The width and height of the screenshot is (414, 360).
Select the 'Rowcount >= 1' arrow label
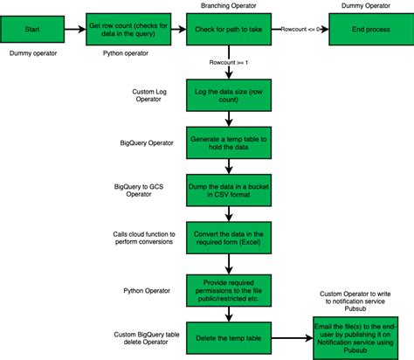coord(230,63)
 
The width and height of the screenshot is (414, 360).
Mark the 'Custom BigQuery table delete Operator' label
coord(148,338)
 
